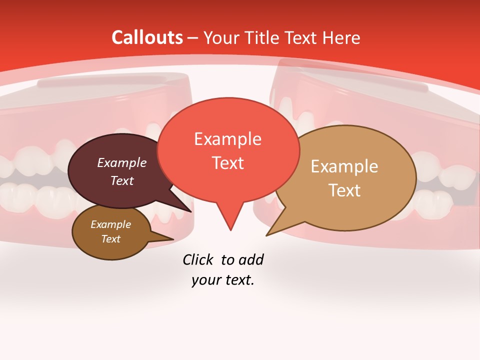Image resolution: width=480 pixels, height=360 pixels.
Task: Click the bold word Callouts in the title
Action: [147, 37]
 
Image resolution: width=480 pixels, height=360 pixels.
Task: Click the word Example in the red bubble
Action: [227, 139]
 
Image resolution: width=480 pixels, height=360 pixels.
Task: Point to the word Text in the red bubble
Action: [227, 162]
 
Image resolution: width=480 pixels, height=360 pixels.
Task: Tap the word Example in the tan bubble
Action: [344, 166]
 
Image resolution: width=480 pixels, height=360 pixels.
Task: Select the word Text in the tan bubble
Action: [344, 190]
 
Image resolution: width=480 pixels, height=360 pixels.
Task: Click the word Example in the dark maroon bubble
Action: [122, 162]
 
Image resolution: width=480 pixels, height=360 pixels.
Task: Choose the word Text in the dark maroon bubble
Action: [122, 180]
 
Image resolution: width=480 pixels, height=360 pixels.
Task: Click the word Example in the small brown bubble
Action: [110, 224]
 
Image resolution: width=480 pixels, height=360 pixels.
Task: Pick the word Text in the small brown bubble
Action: [110, 239]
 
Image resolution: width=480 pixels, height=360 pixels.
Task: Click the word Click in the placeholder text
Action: [198, 259]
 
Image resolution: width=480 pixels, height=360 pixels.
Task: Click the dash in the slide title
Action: [193, 38]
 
